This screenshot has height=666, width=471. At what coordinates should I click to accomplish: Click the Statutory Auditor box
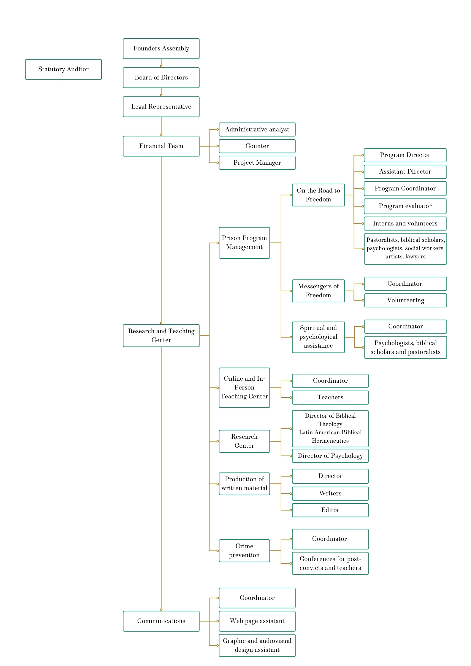[x=64, y=69]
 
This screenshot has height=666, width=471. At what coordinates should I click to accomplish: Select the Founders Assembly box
[x=161, y=49]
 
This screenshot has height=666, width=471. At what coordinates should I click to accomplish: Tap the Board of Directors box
[x=161, y=78]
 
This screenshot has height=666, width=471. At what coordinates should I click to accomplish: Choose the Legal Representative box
[x=161, y=107]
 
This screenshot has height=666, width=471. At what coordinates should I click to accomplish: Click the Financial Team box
[x=161, y=146]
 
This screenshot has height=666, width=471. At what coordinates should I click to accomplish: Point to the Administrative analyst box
[x=257, y=130]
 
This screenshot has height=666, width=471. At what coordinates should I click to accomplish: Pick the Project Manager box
[x=257, y=163]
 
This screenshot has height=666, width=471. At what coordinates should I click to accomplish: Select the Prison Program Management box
[x=244, y=243]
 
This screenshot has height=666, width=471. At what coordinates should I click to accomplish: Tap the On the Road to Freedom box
[x=318, y=195]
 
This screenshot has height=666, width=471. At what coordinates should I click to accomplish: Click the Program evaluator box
[x=405, y=206]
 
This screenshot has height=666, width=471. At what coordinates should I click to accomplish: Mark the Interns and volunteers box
[x=405, y=224]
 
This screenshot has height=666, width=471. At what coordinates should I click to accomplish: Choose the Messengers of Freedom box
[x=318, y=291]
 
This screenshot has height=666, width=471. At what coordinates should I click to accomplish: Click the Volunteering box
[x=405, y=301]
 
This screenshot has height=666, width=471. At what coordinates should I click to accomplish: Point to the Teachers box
[x=330, y=398]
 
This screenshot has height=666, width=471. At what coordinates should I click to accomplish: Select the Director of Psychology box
[x=330, y=456]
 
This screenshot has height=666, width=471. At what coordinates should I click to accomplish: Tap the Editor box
[x=330, y=510]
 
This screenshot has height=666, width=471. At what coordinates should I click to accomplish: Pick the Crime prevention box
[x=244, y=551]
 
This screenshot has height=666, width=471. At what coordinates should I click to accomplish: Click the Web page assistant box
[x=257, y=621]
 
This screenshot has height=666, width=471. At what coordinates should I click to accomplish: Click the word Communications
[x=161, y=621]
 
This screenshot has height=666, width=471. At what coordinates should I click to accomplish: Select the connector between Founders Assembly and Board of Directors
[x=161, y=63]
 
